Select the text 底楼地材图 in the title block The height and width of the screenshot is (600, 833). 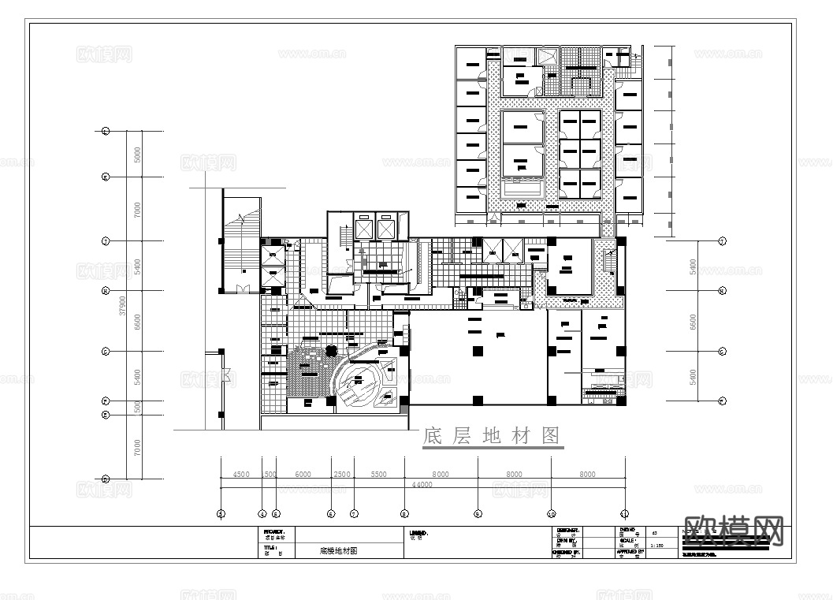tap(338, 552)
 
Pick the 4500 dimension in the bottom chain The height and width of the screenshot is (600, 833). tap(241, 475)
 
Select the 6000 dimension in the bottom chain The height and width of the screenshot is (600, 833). tap(303, 475)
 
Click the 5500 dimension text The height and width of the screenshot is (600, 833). tap(378, 475)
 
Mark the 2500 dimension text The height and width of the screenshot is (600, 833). tap(342, 475)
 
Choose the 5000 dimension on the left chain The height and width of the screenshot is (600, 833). tap(137, 155)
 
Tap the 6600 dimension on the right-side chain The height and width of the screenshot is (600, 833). tap(693, 321)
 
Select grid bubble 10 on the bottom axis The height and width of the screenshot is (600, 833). tap(551, 514)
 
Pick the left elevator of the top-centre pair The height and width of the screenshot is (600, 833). tap(364, 229)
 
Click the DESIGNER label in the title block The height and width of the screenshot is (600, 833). tap(568, 530)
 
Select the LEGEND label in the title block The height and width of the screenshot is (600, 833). tap(418, 533)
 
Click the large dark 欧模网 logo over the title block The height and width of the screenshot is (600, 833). tap(734, 531)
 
